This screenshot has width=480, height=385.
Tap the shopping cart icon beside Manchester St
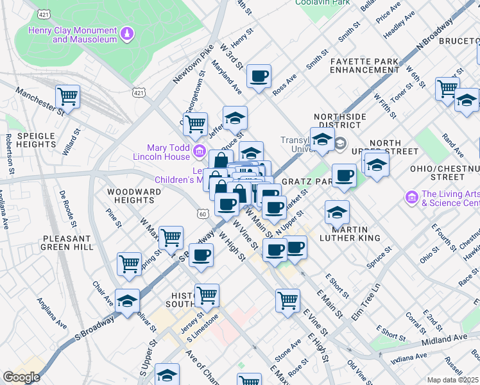(x=67, y=97)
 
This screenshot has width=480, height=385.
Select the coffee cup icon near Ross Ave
(x=259, y=77)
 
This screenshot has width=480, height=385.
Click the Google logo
(x=21, y=377)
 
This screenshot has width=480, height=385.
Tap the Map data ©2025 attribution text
(x=452, y=380)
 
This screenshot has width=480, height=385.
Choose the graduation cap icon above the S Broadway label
(x=127, y=301)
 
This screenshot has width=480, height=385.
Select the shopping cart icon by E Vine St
(x=287, y=300)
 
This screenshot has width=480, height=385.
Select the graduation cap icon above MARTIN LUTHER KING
(x=337, y=212)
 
